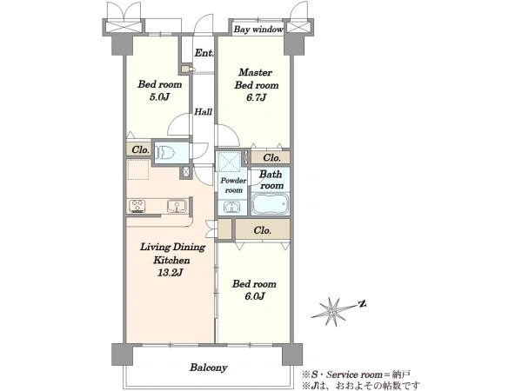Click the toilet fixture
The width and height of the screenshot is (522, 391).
pos(164,153)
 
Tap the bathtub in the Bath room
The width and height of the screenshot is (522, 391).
pos(270,204)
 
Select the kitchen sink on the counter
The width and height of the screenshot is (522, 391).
pos(177,206)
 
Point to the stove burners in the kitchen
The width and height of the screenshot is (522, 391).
pos(137,206)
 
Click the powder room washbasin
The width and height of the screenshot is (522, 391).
pos(231,208)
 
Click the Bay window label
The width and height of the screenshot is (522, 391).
pos(258,30)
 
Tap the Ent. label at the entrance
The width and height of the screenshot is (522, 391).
pos(204,52)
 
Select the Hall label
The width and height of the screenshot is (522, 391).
pos(203,112)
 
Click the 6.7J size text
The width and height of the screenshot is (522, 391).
pos(257,97)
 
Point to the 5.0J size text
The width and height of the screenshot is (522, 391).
pos(160,97)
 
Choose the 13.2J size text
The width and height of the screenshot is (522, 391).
pos(171,273)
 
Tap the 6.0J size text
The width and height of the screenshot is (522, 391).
pos(255,296)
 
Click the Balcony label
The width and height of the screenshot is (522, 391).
pos(209,368)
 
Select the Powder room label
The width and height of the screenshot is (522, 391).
pos(233,185)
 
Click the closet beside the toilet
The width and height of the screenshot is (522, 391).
pos(139,150)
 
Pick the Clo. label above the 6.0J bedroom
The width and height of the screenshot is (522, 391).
pos(262,230)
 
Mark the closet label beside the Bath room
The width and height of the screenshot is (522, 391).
pos(271,157)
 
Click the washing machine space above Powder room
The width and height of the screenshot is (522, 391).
pos(228,162)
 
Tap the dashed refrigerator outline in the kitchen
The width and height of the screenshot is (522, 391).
pos(138,169)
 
